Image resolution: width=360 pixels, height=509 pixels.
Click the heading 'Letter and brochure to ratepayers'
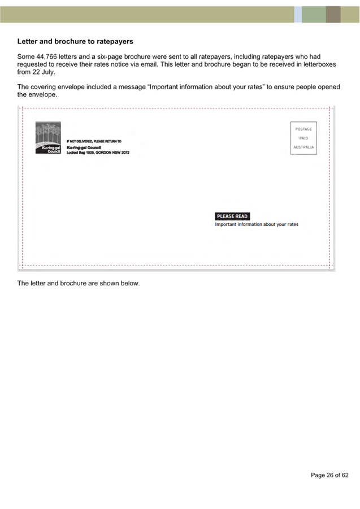(x=75, y=42)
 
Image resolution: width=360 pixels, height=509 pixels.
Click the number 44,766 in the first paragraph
(x=46, y=57)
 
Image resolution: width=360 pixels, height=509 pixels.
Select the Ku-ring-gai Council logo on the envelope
(x=48, y=138)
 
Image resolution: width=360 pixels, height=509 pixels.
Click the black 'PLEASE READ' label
(x=232, y=216)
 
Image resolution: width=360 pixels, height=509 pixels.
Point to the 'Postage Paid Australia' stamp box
(x=303, y=138)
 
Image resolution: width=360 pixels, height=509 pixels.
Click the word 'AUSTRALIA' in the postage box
(x=303, y=147)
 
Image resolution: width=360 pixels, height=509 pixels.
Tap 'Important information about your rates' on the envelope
(x=257, y=224)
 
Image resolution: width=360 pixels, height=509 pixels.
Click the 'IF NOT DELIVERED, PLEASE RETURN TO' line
(x=94, y=141)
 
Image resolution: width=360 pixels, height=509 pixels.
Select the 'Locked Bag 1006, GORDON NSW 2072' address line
(x=98, y=153)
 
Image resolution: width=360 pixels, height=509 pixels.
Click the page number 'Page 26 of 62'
(x=329, y=475)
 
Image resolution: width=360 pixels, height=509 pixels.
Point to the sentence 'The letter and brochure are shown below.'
(x=79, y=284)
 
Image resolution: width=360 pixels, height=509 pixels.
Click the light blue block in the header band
(x=298, y=15)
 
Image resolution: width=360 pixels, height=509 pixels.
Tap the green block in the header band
(x=314, y=15)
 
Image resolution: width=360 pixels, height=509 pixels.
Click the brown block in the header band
(x=333, y=15)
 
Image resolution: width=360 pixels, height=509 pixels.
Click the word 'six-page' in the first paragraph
(x=110, y=57)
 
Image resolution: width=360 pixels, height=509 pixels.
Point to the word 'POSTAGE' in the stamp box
(x=303, y=129)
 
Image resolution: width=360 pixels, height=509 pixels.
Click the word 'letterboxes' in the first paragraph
(x=320, y=64)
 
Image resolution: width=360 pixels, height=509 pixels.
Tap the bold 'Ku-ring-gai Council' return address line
(x=84, y=147)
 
